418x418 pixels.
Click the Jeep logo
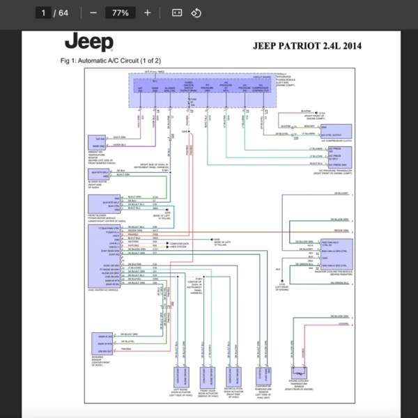pyautogui.click(x=88, y=42)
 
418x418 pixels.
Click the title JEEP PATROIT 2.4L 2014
pyautogui.click(x=309, y=46)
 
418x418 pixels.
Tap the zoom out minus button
pyautogui.click(x=93, y=13)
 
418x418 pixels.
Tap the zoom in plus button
pyautogui.click(x=147, y=13)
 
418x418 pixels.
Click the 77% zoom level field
pyautogui.click(x=120, y=13)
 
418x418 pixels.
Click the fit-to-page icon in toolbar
pyautogui.click(x=176, y=13)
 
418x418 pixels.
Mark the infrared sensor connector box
pyautogui.click(x=102, y=344)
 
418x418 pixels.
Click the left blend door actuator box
pyautogui.click(x=180, y=380)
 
